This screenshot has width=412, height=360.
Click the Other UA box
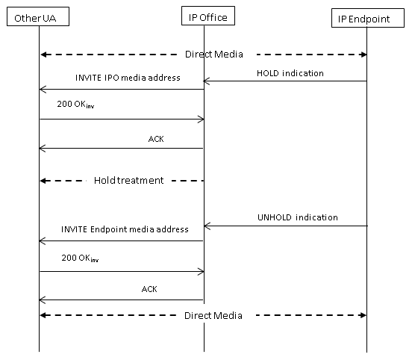click(38, 16)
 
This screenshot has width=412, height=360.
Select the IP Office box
click(208, 16)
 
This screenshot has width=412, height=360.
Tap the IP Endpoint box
click(368, 18)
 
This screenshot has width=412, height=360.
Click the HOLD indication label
click(290, 73)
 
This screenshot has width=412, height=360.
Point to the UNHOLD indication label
click(298, 217)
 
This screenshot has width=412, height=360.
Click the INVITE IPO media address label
click(128, 78)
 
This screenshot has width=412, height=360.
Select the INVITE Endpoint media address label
click(125, 229)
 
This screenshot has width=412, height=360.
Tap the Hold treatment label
click(128, 181)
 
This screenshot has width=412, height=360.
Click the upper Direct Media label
click(214, 55)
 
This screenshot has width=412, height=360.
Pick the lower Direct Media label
click(213, 315)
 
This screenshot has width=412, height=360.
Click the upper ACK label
click(156, 139)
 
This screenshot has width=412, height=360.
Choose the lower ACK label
click(149, 289)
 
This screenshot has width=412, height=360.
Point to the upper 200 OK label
click(75, 105)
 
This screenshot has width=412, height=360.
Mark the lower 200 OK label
click(80, 258)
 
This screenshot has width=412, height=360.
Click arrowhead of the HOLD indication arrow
click(205, 81)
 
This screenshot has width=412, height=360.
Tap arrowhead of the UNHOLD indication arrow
click(205, 226)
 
